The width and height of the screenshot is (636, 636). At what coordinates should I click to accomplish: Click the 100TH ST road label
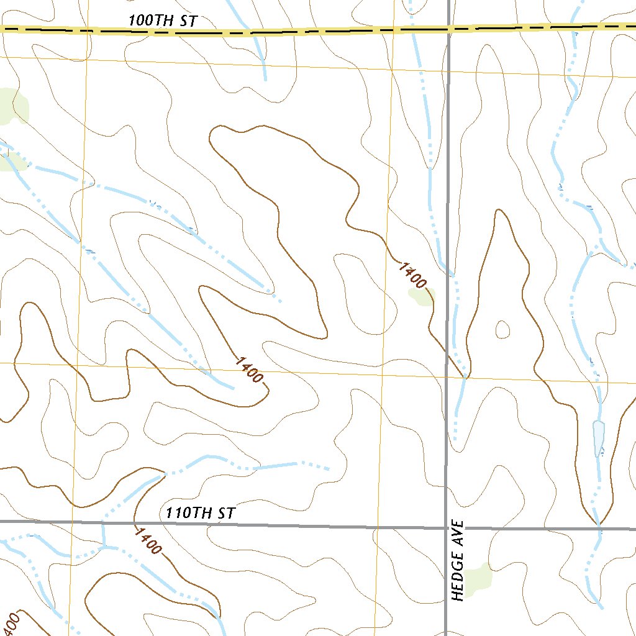[x=163, y=20]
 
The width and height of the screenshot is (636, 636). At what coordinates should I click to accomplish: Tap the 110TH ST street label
[x=201, y=514]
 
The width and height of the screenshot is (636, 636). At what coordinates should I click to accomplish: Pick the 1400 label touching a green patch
[x=413, y=276]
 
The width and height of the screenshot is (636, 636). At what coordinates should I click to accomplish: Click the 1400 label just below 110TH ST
[x=148, y=540]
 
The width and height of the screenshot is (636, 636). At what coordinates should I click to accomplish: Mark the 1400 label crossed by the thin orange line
[x=250, y=370]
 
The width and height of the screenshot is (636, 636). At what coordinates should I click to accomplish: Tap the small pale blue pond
[x=599, y=438]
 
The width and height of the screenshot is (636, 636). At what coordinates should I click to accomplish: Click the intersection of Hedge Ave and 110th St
[x=447, y=528]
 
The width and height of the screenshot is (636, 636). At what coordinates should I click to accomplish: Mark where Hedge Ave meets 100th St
[x=448, y=28]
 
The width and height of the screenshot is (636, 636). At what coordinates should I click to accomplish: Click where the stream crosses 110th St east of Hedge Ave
[x=598, y=529]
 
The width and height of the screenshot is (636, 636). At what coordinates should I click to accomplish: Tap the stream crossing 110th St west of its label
[x=102, y=523]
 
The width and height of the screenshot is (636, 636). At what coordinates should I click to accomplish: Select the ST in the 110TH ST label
[x=225, y=514]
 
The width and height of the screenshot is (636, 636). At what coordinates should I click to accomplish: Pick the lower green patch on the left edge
[x=11, y=161]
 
